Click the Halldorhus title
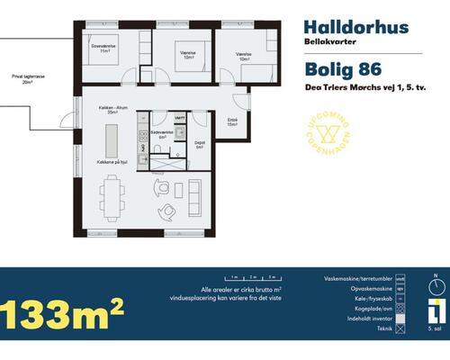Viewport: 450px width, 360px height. tap(345, 27)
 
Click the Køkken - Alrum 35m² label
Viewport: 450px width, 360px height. tap(112, 112)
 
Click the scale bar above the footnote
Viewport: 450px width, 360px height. tap(250, 280)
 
